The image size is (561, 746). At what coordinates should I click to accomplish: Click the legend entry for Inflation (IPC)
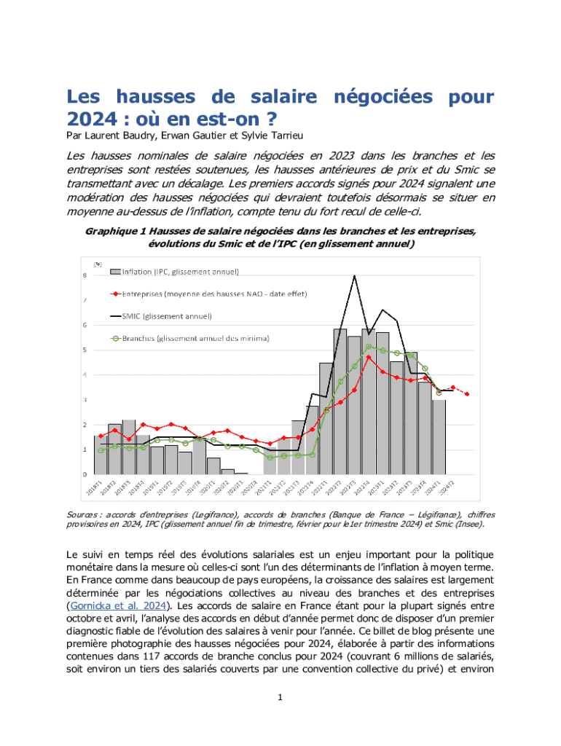182,272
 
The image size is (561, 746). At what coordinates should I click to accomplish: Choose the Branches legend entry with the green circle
196,338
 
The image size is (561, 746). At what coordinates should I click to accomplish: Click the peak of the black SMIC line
354,275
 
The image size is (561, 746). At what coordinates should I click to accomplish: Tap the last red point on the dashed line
467,394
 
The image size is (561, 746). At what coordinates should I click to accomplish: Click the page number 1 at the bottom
280,698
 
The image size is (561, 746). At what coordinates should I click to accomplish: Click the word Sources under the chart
82,515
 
